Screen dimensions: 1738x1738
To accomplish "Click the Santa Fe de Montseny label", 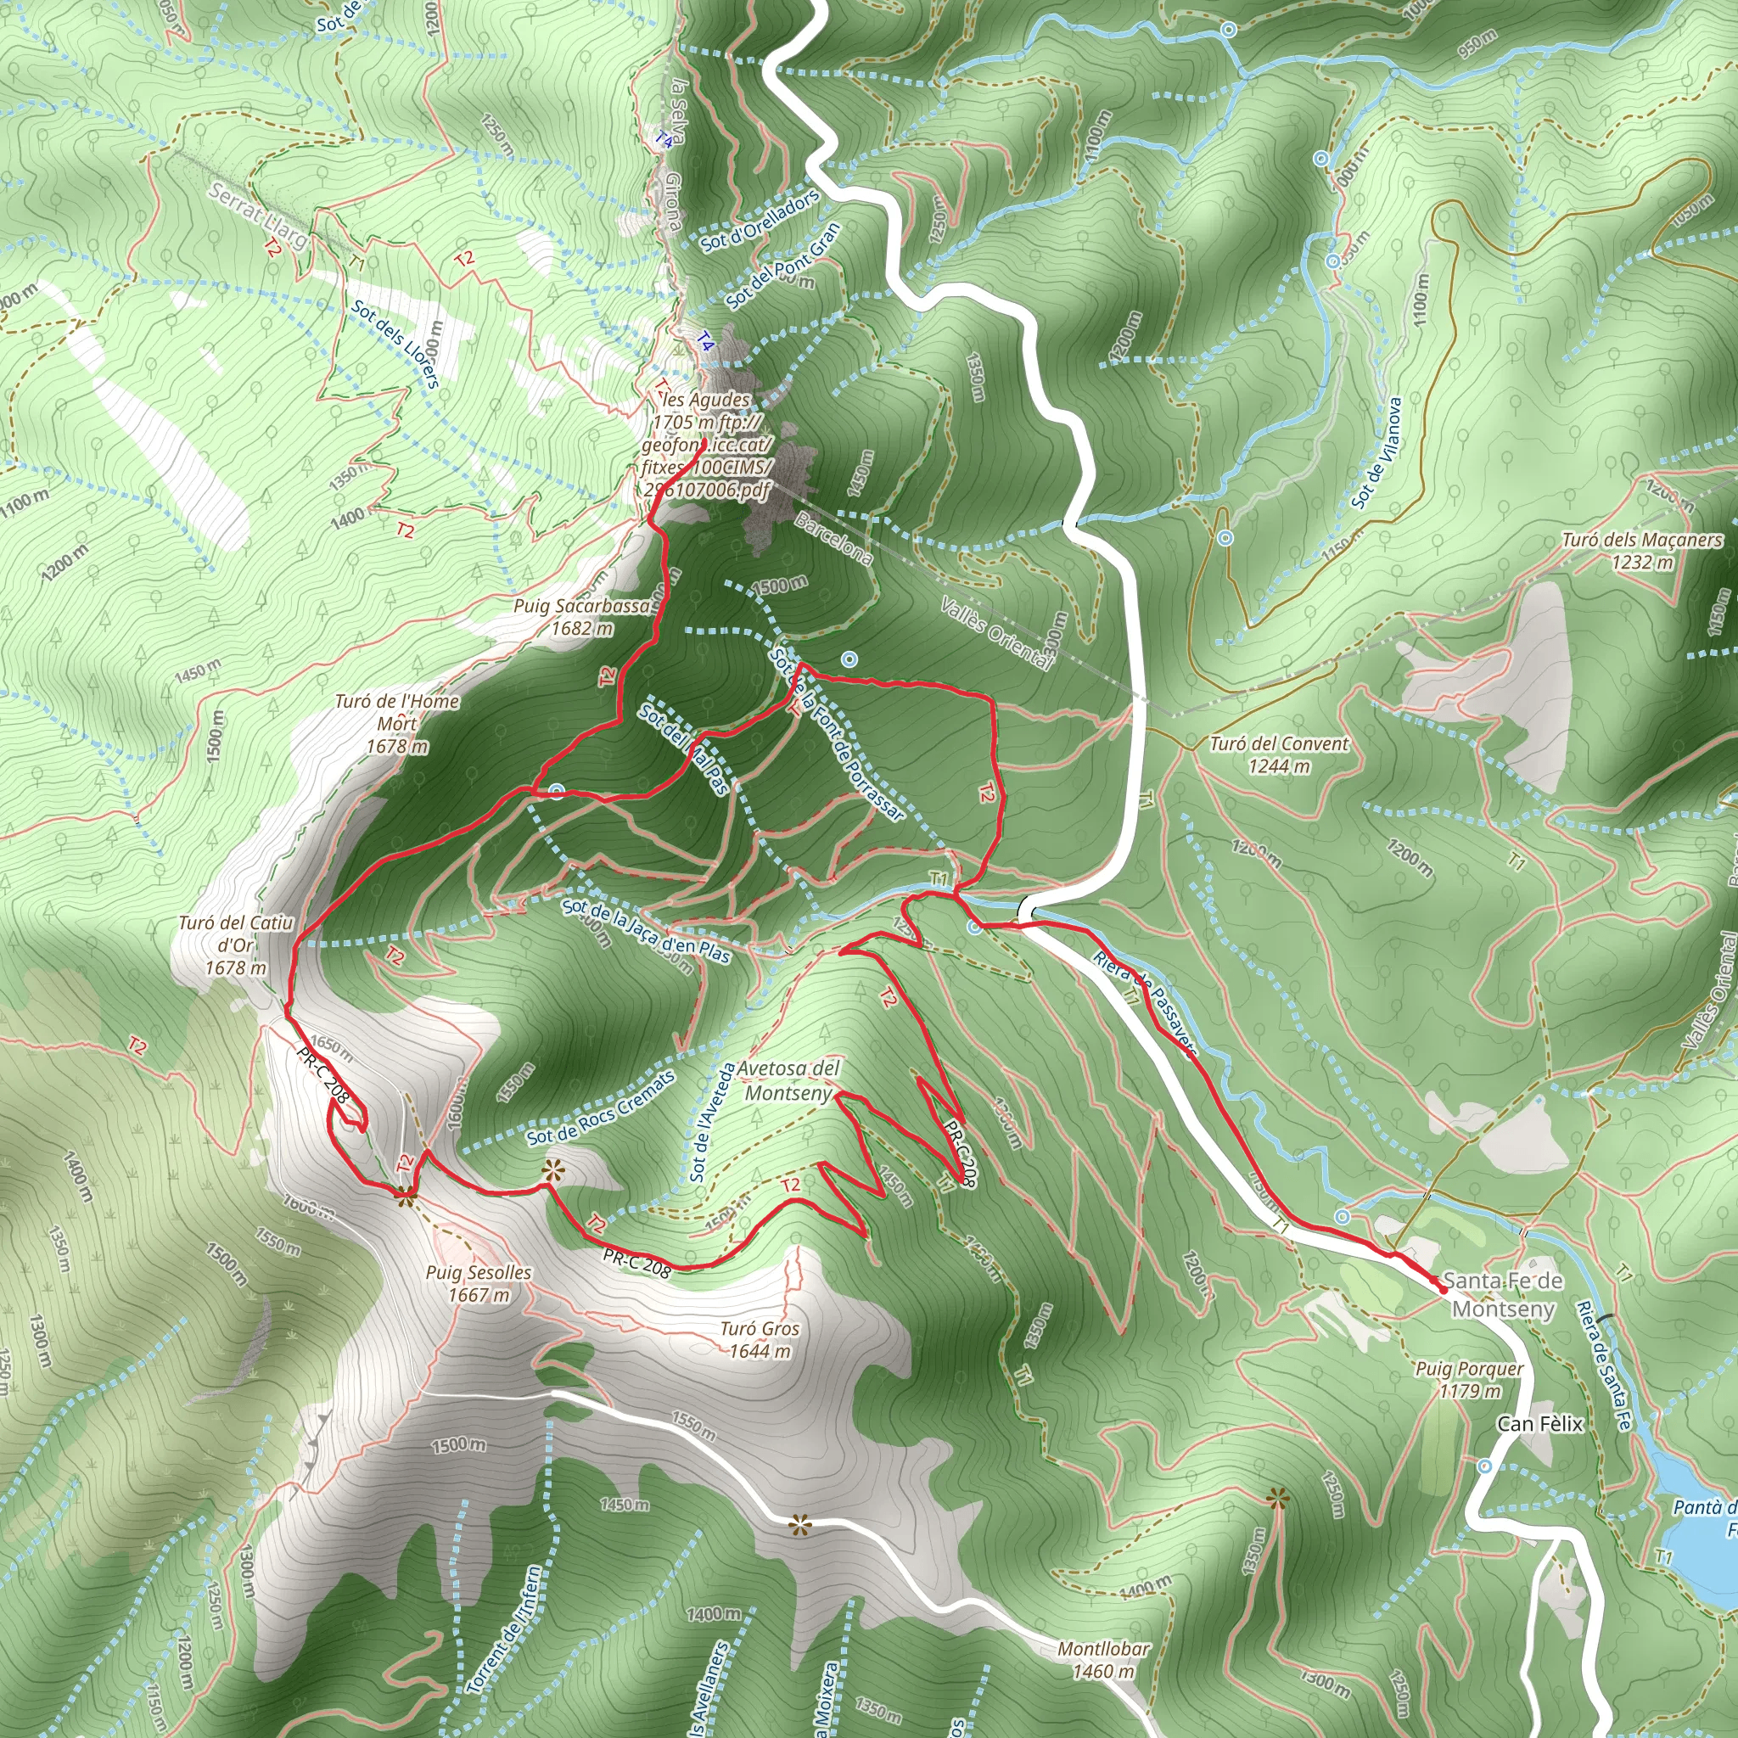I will [1503, 1294].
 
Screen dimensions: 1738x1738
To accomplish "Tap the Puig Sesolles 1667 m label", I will [479, 1284].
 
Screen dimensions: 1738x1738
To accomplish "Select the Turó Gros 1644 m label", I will [760, 1339].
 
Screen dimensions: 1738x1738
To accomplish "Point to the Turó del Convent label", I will [1279, 754].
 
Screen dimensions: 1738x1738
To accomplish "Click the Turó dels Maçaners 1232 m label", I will [1643, 551].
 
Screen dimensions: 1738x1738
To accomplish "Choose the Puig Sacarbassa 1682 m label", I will [581, 617].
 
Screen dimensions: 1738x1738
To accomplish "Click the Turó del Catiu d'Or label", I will [236, 945].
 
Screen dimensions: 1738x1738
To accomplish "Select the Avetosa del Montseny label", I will [789, 1080].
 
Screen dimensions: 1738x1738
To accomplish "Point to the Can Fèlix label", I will [1540, 1424].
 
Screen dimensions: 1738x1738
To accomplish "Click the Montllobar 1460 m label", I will [1103, 1660].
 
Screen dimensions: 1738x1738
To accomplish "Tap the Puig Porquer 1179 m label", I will [1470, 1379].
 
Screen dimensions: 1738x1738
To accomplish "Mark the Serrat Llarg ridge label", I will [256, 216].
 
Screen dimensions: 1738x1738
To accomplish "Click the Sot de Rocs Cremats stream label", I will [600, 1109].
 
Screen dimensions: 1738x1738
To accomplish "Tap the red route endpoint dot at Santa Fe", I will [1443, 1289].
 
